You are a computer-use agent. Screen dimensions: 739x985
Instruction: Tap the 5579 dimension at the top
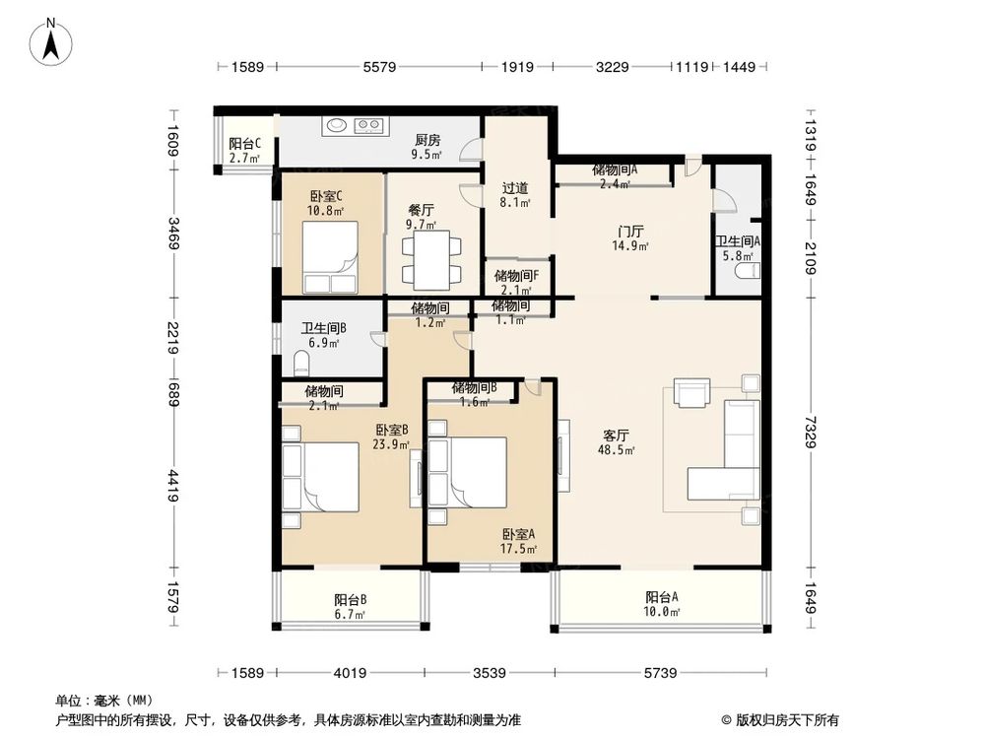pyautogui.click(x=379, y=67)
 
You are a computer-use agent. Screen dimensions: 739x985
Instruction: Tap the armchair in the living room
pyautogui.click(x=692, y=392)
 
